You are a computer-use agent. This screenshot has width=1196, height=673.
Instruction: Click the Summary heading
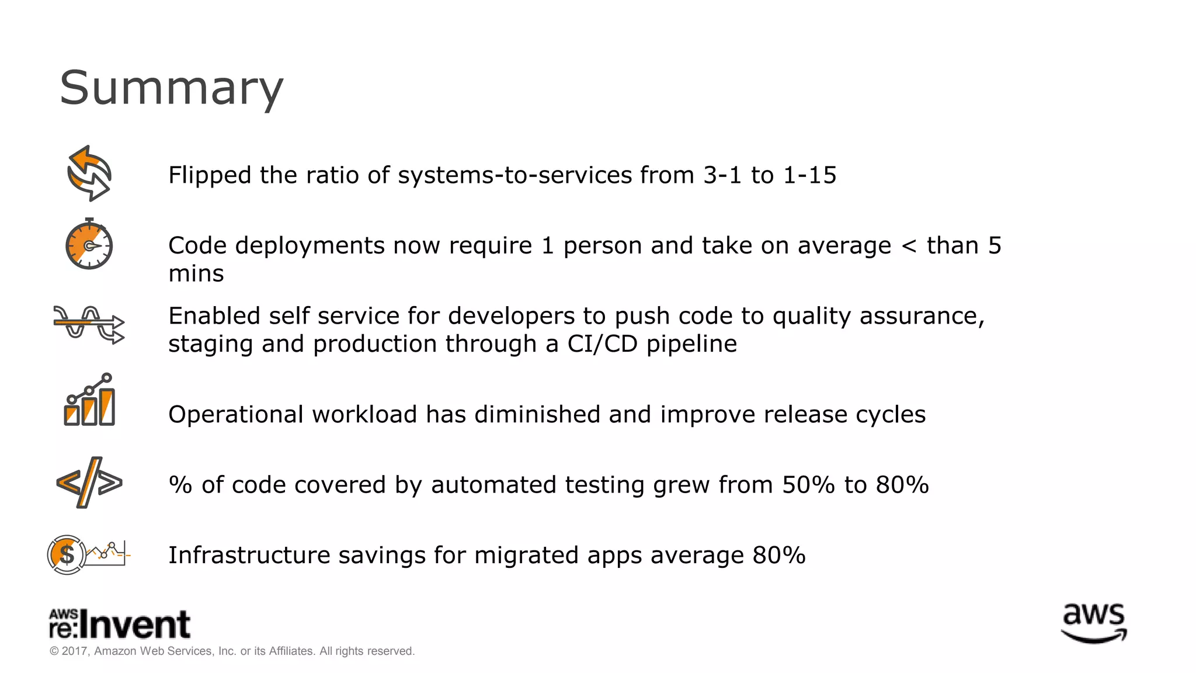point(171,88)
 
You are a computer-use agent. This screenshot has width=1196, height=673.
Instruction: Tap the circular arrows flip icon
point(89,174)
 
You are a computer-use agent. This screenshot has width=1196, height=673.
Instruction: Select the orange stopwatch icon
point(89,245)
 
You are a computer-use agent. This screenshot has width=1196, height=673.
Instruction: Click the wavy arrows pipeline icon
point(89,324)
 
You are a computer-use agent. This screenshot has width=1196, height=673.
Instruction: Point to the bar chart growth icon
point(89,400)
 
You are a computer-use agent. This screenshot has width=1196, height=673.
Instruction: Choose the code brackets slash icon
point(89,483)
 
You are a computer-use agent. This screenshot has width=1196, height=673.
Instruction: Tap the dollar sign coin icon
point(66,554)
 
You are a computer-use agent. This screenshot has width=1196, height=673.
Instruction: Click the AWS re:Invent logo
point(120,623)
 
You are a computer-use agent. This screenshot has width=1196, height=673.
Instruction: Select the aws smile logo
point(1093,623)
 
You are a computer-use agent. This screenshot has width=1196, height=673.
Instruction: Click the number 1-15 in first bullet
point(809,175)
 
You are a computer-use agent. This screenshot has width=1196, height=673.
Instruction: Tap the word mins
point(196,273)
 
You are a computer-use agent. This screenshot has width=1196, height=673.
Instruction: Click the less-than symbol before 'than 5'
point(909,246)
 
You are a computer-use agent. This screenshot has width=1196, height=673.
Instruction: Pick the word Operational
point(236,415)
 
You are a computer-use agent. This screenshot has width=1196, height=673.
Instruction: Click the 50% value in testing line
point(808,485)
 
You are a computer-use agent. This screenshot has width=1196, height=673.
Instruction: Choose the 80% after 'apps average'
point(779,555)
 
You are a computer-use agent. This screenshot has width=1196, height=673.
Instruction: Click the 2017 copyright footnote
point(232,651)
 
